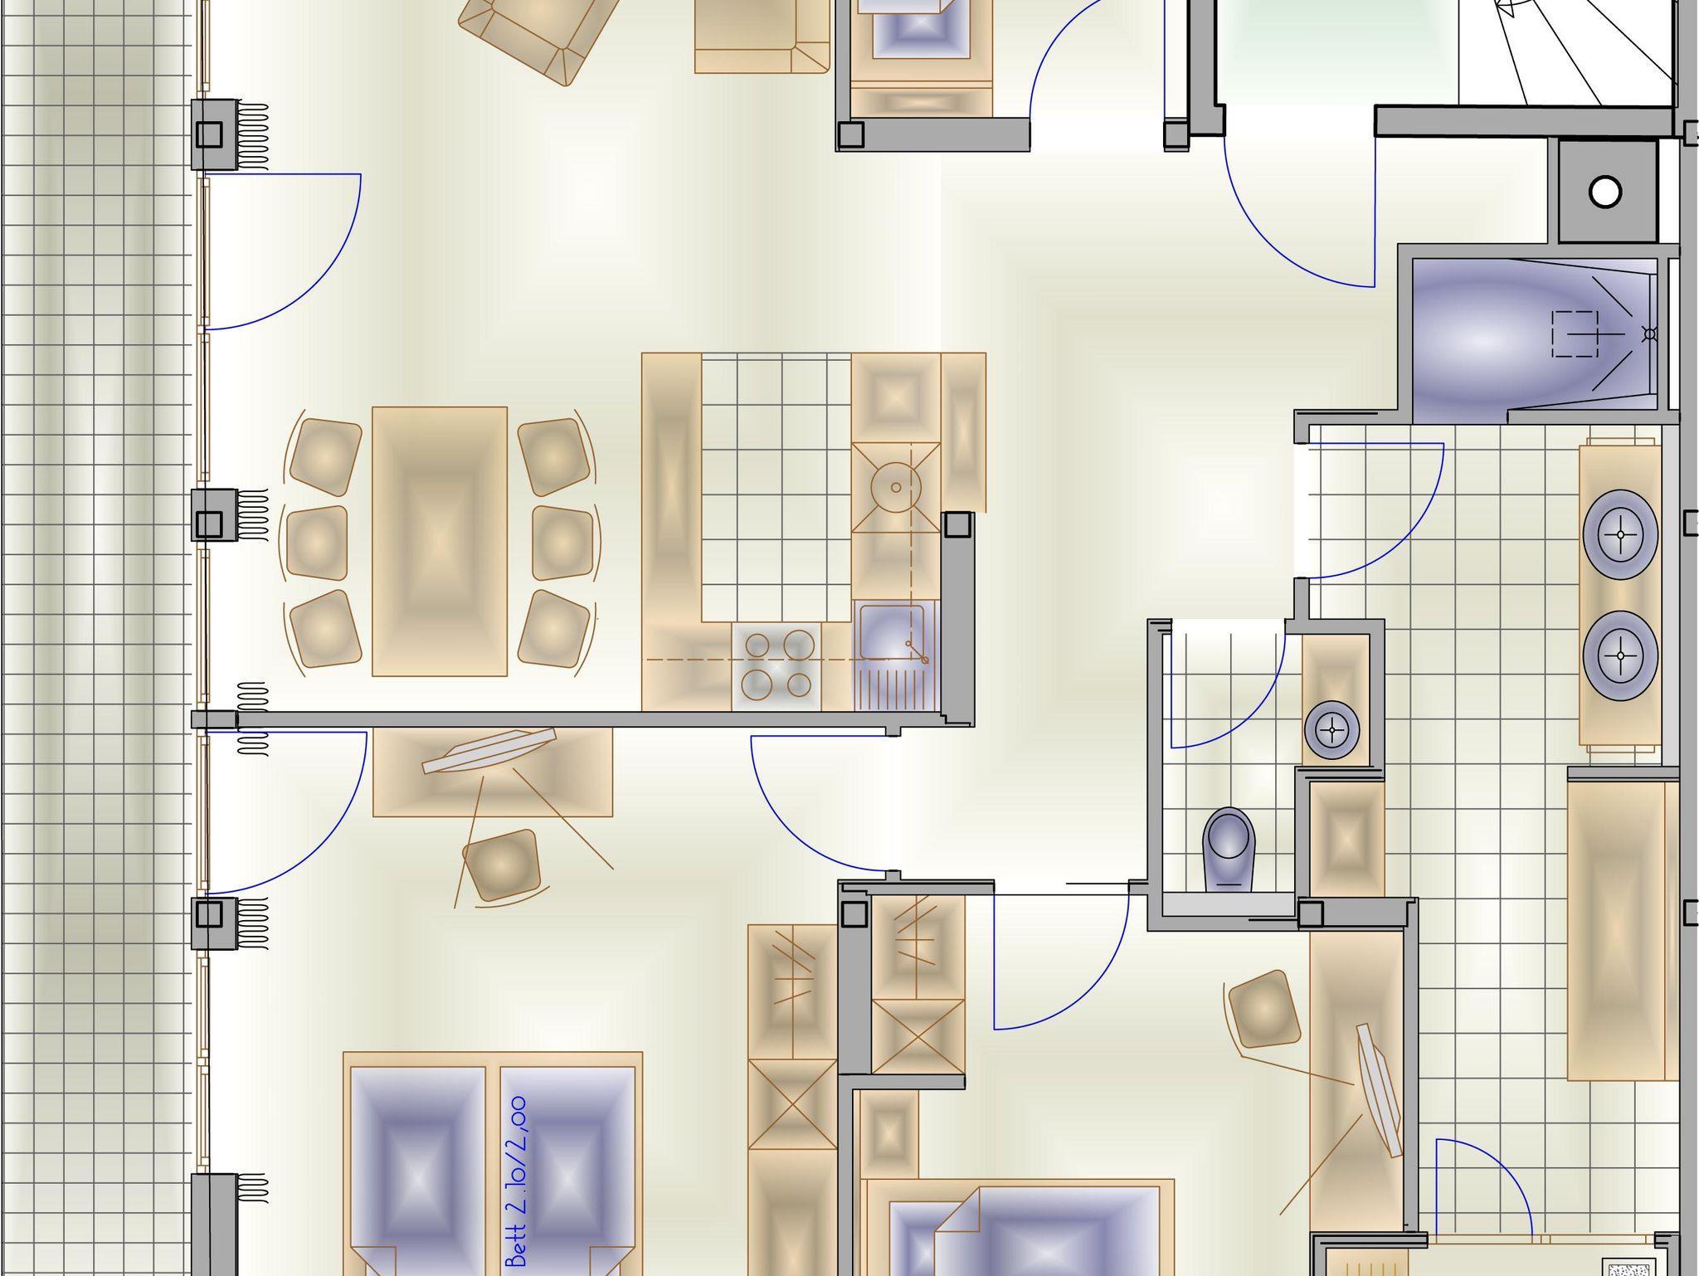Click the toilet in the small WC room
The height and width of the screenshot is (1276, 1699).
pos(1229,849)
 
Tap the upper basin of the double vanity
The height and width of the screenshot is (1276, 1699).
pos(1620,534)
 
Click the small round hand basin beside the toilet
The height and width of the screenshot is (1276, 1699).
pos(1332,730)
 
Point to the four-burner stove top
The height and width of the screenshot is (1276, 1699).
pos(776,665)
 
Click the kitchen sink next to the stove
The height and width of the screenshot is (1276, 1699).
pos(893,655)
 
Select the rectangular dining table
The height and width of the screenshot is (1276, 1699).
pos(440,541)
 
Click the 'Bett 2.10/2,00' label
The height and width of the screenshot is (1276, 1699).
pos(517,1181)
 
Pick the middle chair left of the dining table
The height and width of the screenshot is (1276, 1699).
pos(317,543)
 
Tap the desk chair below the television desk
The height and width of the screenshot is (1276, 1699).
pos(500,865)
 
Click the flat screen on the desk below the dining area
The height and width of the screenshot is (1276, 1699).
pos(489,751)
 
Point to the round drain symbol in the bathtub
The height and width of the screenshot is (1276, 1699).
pos(1650,334)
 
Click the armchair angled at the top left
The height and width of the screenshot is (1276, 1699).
pos(539,33)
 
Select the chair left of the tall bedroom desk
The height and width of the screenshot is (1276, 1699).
pos(1262,1010)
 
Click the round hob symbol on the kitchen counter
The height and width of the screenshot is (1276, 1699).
pos(895,488)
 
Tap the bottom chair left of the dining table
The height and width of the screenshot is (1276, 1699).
pos(326,628)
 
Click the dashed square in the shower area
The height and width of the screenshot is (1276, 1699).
pos(1575,334)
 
